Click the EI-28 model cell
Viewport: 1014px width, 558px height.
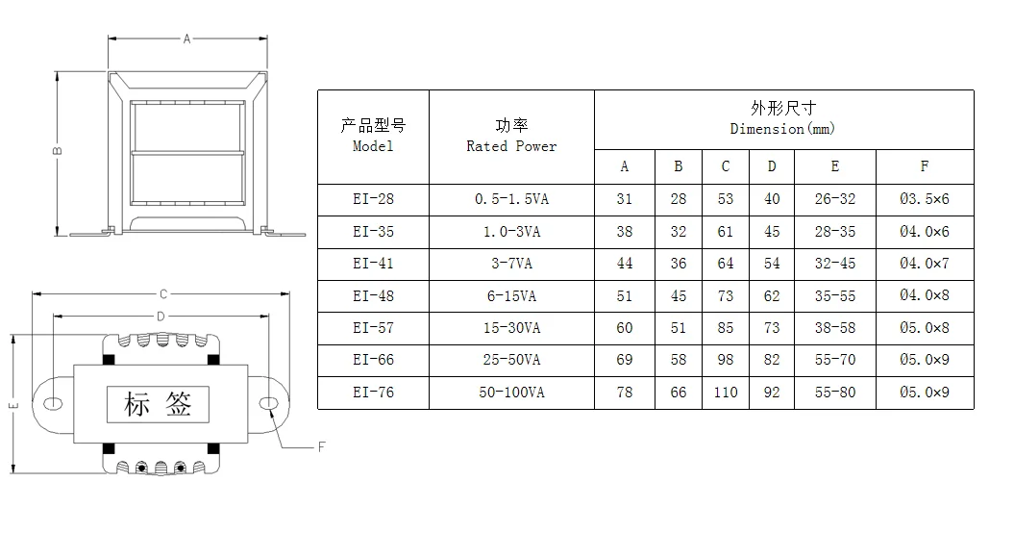pyautogui.click(x=373, y=199)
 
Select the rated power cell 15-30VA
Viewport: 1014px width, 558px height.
pyautogui.click(x=511, y=328)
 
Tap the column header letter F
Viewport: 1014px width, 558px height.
pyautogui.click(x=924, y=166)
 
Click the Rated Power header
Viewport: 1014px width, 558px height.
pyautogui.click(x=511, y=137)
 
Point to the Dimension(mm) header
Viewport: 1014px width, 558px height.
pyautogui.click(x=783, y=119)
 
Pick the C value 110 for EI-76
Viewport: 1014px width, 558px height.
pyautogui.click(x=726, y=393)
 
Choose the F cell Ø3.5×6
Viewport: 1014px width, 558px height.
pyautogui.click(x=924, y=199)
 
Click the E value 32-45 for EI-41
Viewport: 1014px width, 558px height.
pyautogui.click(x=834, y=264)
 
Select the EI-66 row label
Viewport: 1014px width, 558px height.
pyautogui.click(x=373, y=360)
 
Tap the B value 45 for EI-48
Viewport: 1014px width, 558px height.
pyautogui.click(x=678, y=296)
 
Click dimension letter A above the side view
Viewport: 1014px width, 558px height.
pyautogui.click(x=187, y=38)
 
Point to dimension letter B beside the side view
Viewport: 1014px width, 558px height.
pyautogui.click(x=58, y=152)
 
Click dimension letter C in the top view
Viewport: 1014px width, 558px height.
pyautogui.click(x=163, y=293)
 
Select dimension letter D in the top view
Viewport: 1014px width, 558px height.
pyautogui.click(x=161, y=316)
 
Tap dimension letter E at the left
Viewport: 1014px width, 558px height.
pyautogui.click(x=13, y=405)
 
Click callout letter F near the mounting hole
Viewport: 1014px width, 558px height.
pyautogui.click(x=322, y=446)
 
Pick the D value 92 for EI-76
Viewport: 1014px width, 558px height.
pyautogui.click(x=772, y=393)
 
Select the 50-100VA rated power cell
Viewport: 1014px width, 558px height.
pyautogui.click(x=511, y=393)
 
